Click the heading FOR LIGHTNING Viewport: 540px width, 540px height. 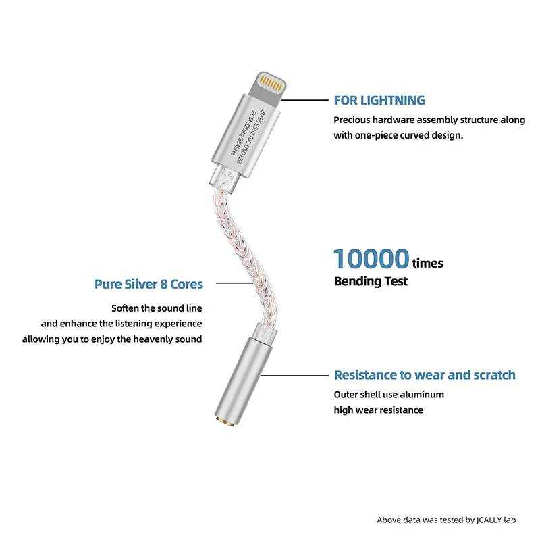tap(379, 101)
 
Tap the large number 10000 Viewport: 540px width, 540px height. tap(371, 259)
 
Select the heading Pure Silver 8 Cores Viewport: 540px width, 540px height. tap(148, 284)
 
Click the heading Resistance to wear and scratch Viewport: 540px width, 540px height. tap(425, 375)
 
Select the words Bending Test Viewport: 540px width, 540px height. tap(371, 281)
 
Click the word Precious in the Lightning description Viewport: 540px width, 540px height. tap(354, 120)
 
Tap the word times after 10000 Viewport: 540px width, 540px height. tap(427, 263)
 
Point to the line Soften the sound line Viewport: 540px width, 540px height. tap(157, 308)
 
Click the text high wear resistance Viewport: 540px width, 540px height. tap(378, 410)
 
